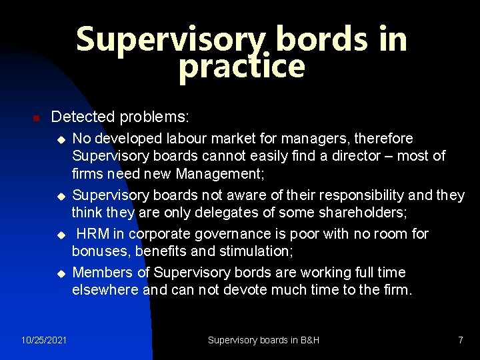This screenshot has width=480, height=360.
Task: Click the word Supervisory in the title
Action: click(171, 40)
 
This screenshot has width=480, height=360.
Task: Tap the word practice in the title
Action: click(241, 67)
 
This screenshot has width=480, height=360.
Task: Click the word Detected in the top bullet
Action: click(83, 117)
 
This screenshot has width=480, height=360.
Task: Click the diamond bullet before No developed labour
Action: click(60, 139)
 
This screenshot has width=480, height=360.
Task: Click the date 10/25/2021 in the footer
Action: click(44, 341)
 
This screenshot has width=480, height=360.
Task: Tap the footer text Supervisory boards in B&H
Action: click(263, 341)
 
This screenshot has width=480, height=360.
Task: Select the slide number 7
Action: click(460, 341)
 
